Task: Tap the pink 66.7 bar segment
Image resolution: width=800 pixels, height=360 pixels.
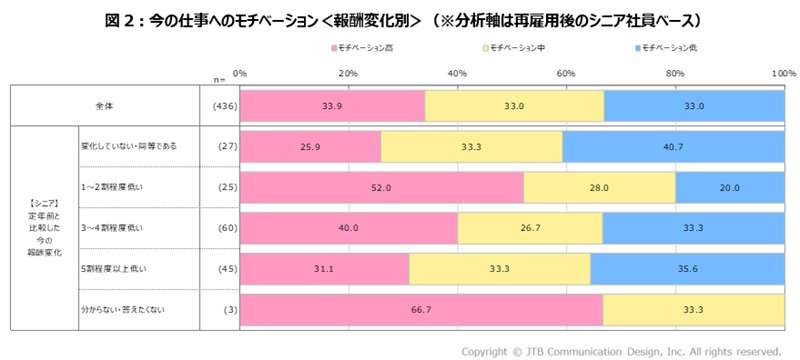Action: click(421, 309)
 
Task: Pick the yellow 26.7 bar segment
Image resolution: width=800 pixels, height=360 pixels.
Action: click(530, 228)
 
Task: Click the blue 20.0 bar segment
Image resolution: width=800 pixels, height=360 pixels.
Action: click(730, 187)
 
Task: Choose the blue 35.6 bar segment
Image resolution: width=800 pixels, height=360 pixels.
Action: click(687, 268)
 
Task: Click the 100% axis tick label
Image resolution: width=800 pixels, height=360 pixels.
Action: click(783, 73)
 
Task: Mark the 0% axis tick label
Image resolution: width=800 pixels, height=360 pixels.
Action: click(240, 73)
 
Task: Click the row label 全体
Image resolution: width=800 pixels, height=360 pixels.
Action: click(104, 105)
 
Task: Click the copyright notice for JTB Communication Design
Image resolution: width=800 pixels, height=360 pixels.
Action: click(620, 351)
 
